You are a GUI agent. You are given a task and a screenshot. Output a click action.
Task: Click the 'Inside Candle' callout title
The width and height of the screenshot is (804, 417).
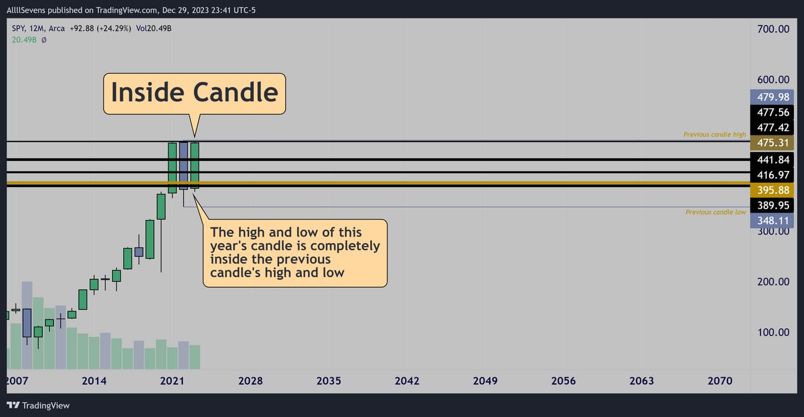point(195,93)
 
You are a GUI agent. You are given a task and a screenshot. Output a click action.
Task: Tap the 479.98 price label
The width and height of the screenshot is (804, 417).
point(772,97)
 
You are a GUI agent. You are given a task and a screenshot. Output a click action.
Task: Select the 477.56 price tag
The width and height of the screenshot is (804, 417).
point(772,112)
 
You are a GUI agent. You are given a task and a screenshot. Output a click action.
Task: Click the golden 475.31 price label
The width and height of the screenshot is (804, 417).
point(772,143)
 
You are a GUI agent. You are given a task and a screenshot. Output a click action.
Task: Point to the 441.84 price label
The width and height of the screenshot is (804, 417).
point(772,160)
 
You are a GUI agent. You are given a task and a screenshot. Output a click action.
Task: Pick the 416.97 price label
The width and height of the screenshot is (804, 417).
point(772,175)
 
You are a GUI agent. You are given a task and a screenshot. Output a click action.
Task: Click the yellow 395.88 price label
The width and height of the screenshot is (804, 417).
point(772,190)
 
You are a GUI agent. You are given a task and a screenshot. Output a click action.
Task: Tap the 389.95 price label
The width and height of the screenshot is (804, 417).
point(772,206)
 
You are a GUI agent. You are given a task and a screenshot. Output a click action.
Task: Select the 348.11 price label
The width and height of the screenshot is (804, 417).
point(772,221)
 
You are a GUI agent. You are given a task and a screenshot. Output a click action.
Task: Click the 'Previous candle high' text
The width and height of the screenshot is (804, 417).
point(714,134)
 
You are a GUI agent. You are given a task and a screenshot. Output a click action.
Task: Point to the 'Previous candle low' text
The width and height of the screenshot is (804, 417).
point(716,213)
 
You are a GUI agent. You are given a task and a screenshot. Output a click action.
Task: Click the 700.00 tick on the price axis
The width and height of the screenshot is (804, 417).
point(773,29)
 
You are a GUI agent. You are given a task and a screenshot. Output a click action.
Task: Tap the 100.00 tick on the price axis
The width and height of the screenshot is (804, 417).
point(773,332)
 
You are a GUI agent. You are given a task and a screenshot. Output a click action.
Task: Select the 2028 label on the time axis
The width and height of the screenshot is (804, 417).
point(251,381)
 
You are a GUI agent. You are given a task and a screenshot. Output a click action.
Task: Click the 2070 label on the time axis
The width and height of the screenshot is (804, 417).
point(720,381)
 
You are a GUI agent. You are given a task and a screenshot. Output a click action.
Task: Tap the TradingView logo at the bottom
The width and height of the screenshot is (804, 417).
point(38,406)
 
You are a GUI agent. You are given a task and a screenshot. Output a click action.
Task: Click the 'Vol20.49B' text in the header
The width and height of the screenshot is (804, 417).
point(154,29)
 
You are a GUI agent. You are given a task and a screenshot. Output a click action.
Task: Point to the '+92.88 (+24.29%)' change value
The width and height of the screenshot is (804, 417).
point(100,29)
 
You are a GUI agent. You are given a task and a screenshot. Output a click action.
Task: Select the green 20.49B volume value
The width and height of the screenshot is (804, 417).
point(24,40)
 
